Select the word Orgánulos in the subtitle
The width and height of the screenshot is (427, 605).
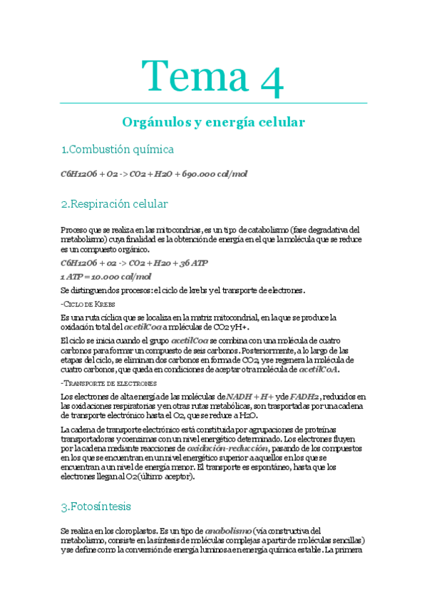coord(152,123)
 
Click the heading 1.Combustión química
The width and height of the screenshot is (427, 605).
coord(118,149)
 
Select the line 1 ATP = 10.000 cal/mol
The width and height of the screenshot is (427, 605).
coord(106,277)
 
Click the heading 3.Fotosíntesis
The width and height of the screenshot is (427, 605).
coord(96,507)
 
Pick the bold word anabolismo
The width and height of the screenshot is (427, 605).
coord(225,532)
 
